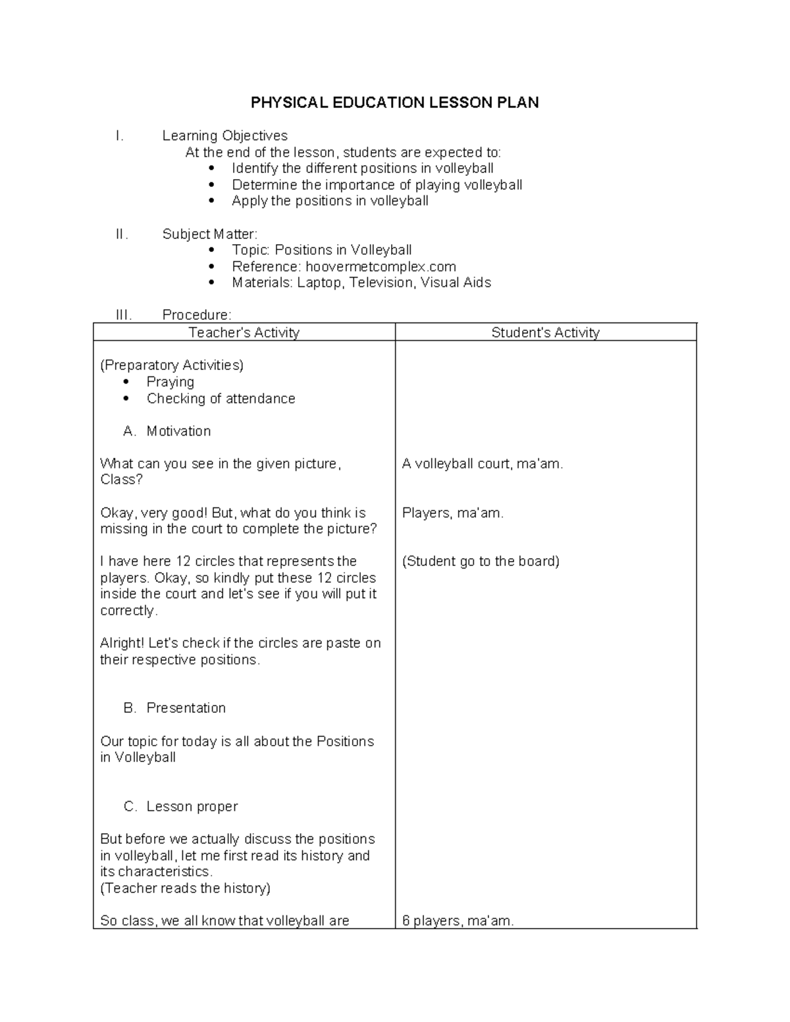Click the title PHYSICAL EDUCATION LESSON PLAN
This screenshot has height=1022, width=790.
click(394, 103)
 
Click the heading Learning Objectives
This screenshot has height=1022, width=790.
click(224, 136)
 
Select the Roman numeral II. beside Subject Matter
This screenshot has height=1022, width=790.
click(122, 234)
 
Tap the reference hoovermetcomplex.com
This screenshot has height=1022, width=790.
click(381, 267)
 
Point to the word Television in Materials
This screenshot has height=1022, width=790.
click(381, 283)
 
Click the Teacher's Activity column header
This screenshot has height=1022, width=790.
click(244, 333)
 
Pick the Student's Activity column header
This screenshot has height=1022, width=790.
click(545, 333)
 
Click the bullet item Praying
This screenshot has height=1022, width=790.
click(170, 382)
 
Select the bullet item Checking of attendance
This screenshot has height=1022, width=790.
click(221, 399)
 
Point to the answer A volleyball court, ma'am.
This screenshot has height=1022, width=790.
click(482, 464)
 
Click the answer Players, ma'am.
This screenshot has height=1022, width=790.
click(452, 513)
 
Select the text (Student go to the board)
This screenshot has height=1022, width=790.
click(481, 561)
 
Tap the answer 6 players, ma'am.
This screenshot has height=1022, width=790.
click(458, 921)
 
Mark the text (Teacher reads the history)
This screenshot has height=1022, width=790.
click(185, 888)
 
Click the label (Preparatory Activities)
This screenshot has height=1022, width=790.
click(171, 365)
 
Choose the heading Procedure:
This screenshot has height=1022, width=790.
click(196, 315)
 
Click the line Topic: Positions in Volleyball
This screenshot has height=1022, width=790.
click(321, 250)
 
